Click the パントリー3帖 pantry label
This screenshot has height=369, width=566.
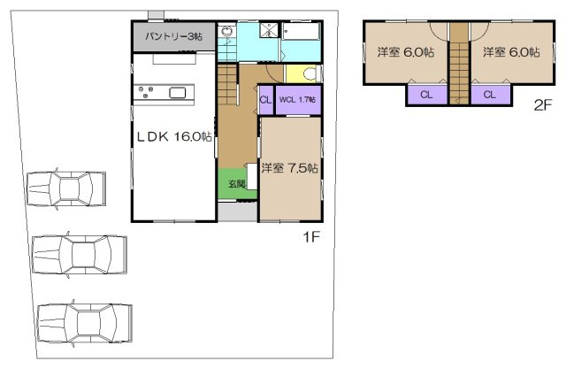[173, 37]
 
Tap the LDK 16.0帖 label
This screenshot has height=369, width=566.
[172, 136]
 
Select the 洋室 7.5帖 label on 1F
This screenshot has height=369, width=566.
[290, 167]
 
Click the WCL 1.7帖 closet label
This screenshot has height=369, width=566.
[298, 99]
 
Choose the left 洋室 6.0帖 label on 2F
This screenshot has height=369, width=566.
[406, 52]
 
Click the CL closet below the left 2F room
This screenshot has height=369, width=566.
[425, 95]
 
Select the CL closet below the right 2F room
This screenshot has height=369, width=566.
[488, 95]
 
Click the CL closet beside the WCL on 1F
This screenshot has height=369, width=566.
[265, 99]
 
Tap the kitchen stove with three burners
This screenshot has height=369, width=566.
[146, 91]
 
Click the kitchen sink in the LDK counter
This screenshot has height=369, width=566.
[177, 92]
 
